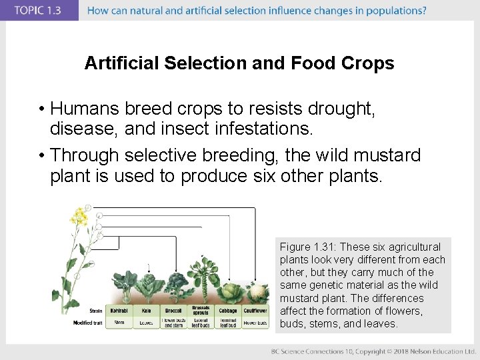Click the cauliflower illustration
click(x=254, y=293)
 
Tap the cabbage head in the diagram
click(x=227, y=292)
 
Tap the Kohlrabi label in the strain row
click(x=119, y=311)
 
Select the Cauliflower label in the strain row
click(x=254, y=311)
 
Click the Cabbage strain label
click(x=228, y=311)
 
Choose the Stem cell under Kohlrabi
click(x=119, y=323)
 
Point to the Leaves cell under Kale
click(x=146, y=323)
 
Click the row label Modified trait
click(x=88, y=323)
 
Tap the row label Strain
click(x=95, y=311)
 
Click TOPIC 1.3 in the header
click(x=38, y=10)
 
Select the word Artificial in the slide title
click(x=122, y=63)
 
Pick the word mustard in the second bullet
click(x=389, y=155)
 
